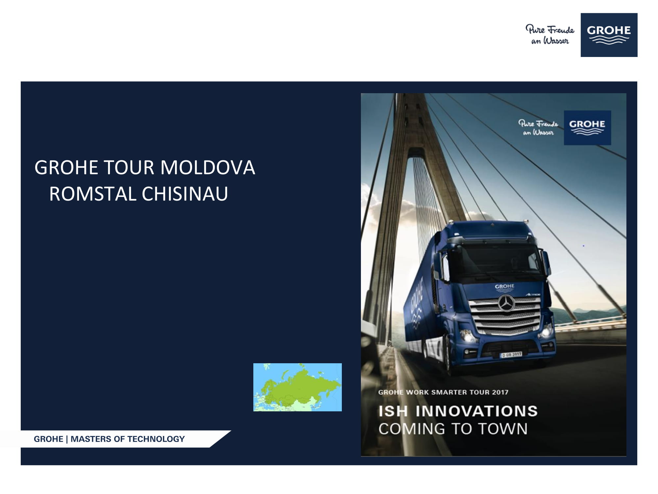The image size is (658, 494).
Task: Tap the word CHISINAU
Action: tap(185, 194)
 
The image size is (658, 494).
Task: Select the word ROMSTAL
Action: tap(92, 194)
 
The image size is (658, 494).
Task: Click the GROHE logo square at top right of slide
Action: tap(609, 35)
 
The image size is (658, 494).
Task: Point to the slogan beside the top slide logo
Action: tap(550, 35)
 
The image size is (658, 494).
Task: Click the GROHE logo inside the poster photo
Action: tap(587, 127)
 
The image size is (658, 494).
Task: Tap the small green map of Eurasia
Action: tap(297, 387)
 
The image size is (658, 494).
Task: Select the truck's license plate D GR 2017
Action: tap(511, 355)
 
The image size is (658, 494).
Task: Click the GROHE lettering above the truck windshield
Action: tap(504, 287)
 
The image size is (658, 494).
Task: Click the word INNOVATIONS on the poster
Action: tap(476, 411)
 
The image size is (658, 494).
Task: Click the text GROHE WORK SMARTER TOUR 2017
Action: tap(443, 392)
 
